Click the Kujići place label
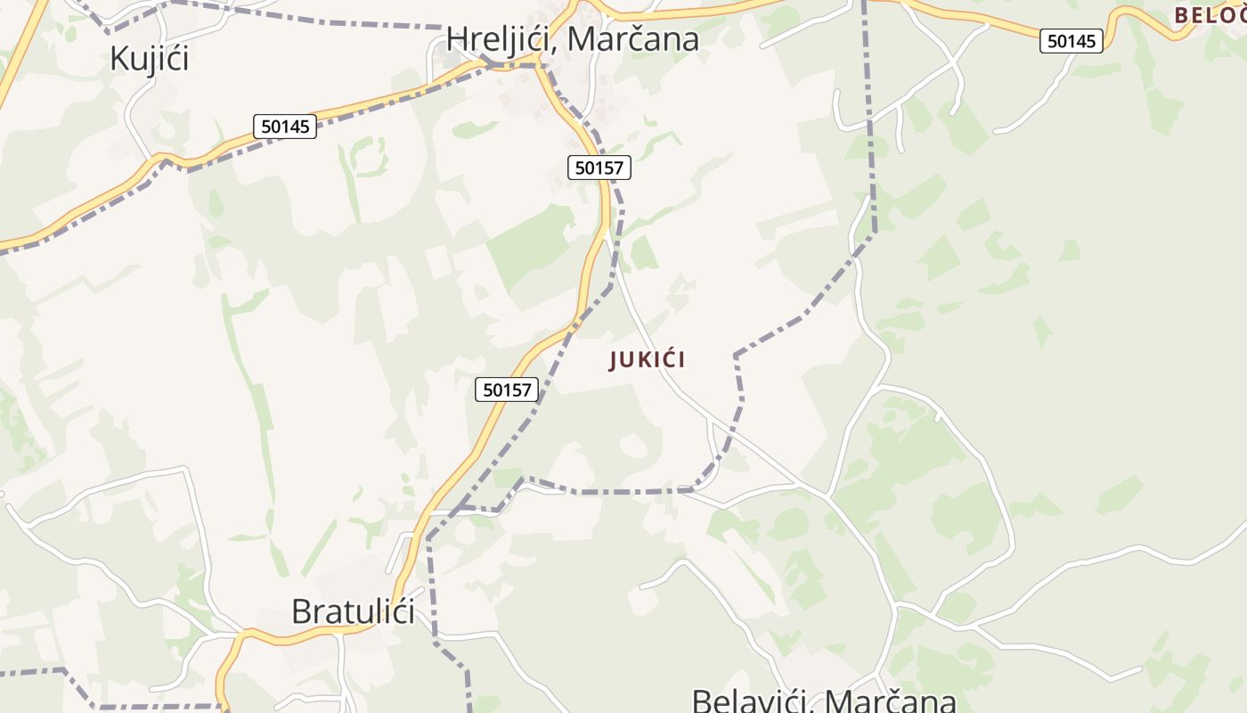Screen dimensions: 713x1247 [x=150, y=58]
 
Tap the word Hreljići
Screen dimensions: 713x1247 [x=501, y=38]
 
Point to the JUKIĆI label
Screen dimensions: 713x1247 [x=648, y=360]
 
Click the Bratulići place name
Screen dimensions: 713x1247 [x=353, y=611]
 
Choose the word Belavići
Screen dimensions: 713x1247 [x=750, y=701]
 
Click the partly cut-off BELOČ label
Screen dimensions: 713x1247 [x=1210, y=15]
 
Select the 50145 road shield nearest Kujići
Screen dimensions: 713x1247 [x=285, y=127]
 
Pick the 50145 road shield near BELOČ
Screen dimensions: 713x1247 [x=1072, y=41]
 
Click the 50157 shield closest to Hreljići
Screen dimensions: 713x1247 [x=599, y=167]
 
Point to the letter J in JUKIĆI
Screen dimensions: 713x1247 [x=614, y=360]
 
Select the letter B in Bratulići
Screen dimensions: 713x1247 [x=301, y=611]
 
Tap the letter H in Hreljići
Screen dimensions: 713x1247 [x=458, y=38]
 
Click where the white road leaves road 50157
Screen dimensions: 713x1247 [x=607, y=234]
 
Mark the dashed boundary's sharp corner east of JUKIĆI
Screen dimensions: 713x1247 [x=736, y=355]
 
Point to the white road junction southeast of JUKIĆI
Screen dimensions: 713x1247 [x=827, y=496]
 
